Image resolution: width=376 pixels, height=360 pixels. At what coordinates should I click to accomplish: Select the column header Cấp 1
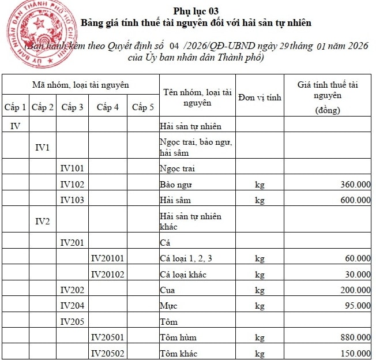coord(15,107)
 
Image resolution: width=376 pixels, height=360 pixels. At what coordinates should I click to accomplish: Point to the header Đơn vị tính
coord(260,97)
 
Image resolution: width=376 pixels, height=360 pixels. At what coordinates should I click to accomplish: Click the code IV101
coord(72,168)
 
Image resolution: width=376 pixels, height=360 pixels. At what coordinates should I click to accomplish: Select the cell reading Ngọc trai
coord(177,168)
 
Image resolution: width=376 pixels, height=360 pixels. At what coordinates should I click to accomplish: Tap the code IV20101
coord(108,258)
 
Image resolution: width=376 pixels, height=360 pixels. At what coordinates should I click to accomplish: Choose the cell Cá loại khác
coord(183,274)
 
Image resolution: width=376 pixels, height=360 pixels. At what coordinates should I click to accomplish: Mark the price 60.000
coord(358,258)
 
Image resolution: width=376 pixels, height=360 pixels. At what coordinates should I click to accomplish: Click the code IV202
coord(72,290)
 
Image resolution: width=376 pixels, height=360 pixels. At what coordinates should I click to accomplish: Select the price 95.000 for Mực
coord(358,305)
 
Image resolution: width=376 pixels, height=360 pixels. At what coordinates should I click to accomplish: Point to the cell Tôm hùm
coord(175,337)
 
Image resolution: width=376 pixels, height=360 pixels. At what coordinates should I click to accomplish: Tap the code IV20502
coord(108,352)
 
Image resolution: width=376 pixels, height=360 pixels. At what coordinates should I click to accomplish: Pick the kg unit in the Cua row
coord(260,290)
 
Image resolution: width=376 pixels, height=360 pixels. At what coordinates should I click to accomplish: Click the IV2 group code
coord(43,221)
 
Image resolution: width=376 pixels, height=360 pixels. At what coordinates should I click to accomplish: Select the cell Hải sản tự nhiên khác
coord(190,221)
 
